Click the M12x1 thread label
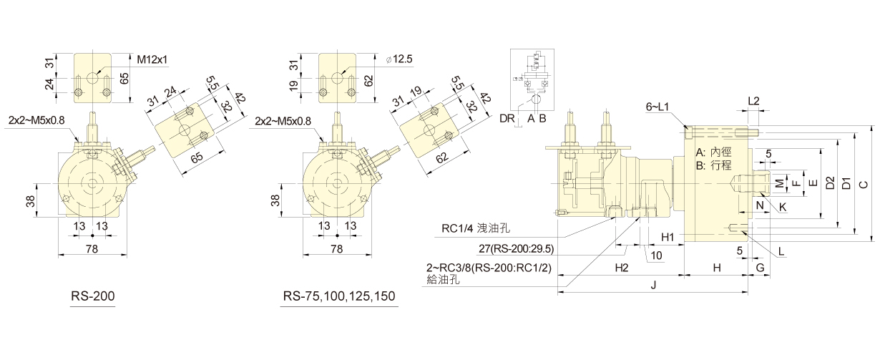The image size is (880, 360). click(152, 59)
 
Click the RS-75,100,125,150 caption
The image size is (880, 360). click(339, 296)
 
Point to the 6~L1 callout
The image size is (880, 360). click(658, 107)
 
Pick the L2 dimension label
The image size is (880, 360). click(753, 101)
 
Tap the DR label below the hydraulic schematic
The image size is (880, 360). click(507, 117)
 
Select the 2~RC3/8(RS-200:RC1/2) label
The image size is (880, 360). click(489, 268)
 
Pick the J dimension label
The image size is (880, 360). click(652, 285)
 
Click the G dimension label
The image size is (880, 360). click(759, 267)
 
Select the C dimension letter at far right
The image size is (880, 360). click(864, 183)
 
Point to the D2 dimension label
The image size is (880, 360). click(830, 183)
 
